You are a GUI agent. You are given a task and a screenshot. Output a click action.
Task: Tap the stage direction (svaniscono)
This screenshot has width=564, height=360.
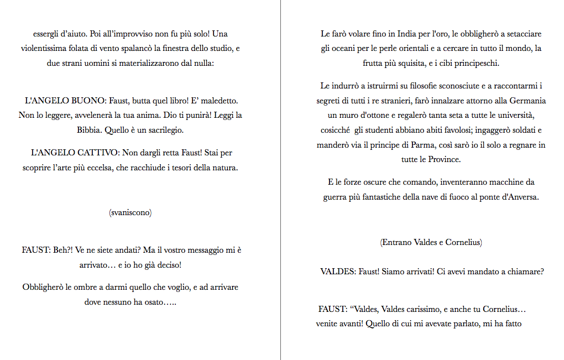click(130, 212)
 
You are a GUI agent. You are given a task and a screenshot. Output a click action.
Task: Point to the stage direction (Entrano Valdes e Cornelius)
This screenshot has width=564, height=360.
click(431, 242)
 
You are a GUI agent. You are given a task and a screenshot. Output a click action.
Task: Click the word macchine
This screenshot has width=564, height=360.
click(496, 182)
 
